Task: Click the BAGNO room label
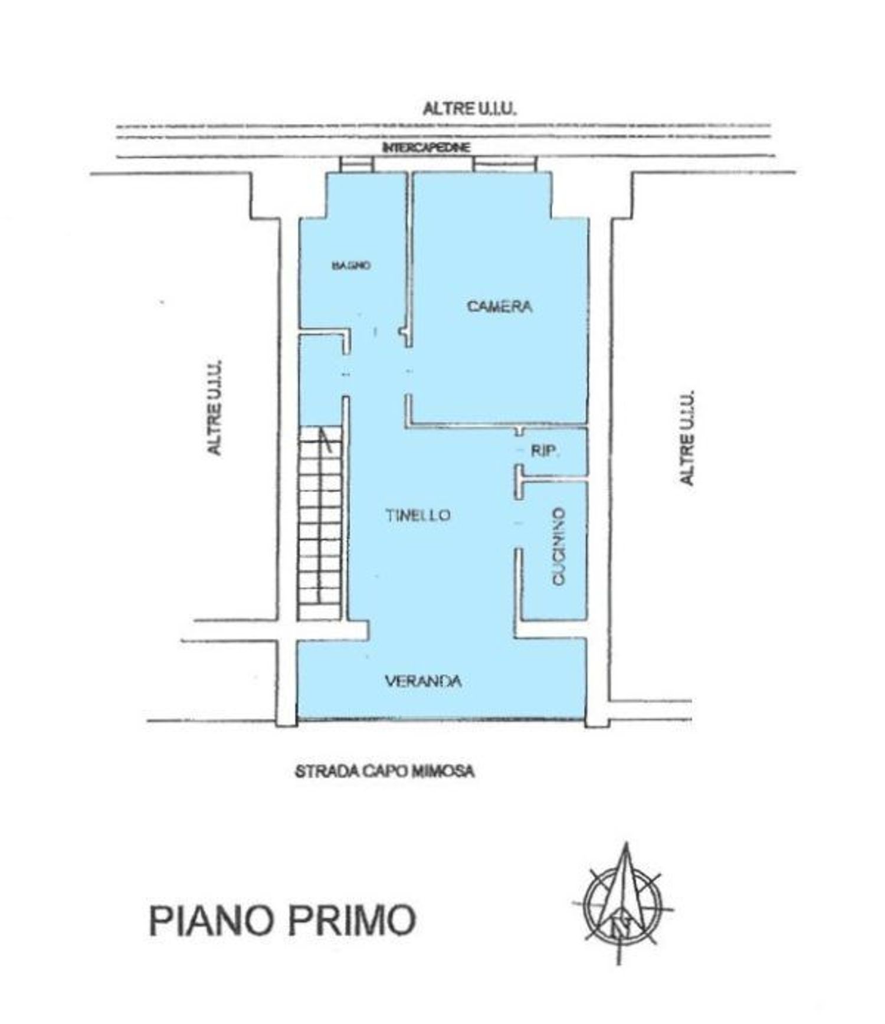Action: click(x=351, y=266)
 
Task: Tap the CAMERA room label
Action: click(x=499, y=306)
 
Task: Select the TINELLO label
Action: click(x=418, y=515)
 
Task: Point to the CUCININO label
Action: click(x=558, y=546)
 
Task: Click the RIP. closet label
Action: click(x=545, y=452)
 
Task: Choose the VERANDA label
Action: click(x=423, y=681)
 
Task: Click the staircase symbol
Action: click(x=320, y=522)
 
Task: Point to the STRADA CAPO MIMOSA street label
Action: click(x=385, y=771)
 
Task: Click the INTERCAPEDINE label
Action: click(x=426, y=148)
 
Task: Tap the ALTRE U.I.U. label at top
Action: click(x=470, y=109)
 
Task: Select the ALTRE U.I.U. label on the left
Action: click(x=215, y=407)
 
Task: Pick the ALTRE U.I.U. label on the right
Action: click(x=686, y=437)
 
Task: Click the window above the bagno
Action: click(x=356, y=164)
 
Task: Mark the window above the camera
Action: click(x=505, y=164)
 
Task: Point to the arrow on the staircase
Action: click(x=325, y=440)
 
